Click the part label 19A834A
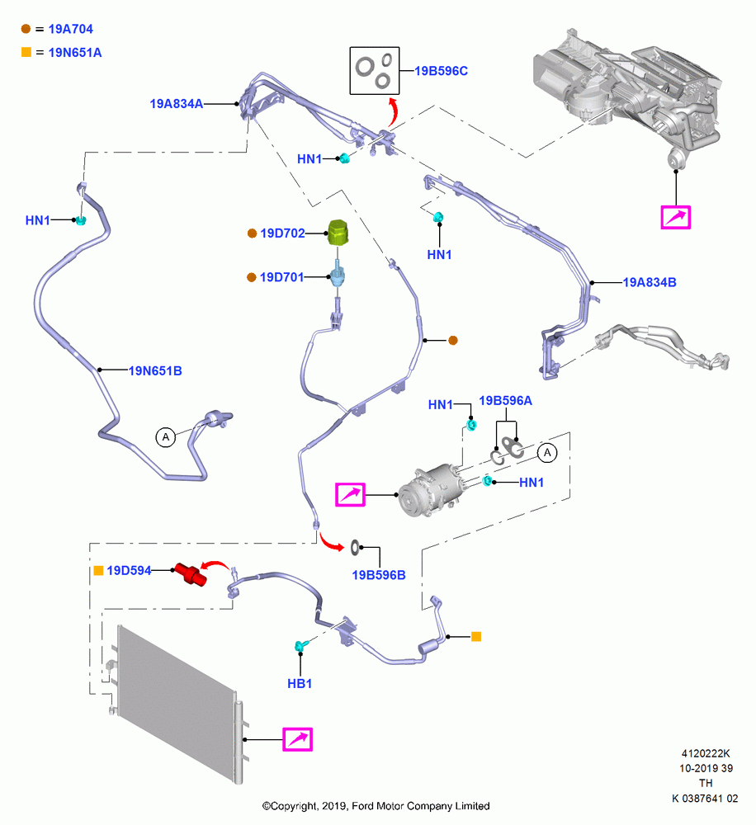pos(177,104)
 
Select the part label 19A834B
pos(650,282)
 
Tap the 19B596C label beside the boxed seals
pos(442,71)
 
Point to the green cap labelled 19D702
pos(338,233)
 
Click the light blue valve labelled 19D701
pos(337,276)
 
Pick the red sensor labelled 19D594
pos(191,573)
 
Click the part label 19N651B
pos(155,371)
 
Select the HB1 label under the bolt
pos(300,683)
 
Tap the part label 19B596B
pos(379,575)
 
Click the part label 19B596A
pos(505,401)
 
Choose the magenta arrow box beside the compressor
pos(350,494)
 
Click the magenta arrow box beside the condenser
pos(297,739)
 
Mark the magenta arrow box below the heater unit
pos(675,217)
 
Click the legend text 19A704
pos(70,29)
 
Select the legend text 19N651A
pos(75,53)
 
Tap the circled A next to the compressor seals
pos(547,452)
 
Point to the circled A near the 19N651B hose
pos(166,436)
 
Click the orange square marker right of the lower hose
pos(476,637)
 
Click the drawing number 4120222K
pos(706,753)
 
